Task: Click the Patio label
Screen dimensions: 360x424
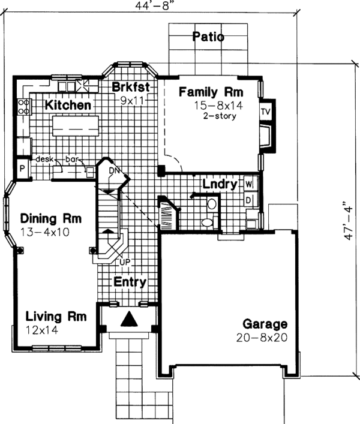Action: [x=208, y=37]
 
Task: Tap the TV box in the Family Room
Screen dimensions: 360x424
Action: [x=266, y=111]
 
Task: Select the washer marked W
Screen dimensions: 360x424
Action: [x=248, y=184]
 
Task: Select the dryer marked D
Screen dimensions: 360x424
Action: [x=248, y=200]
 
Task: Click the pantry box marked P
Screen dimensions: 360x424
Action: [x=22, y=169]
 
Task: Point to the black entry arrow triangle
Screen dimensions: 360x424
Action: [x=129, y=318]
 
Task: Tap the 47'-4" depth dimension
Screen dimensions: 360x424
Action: [x=349, y=221]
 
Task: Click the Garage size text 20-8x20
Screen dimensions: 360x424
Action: [x=262, y=338]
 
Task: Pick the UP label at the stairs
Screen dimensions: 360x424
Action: [x=125, y=261]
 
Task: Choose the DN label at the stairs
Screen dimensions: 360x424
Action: [x=114, y=171]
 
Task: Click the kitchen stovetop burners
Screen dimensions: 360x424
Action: [x=23, y=107]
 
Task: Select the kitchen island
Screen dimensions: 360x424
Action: [x=76, y=126]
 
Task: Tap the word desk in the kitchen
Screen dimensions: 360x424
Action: [x=44, y=159]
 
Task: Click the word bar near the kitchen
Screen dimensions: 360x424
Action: [x=71, y=160]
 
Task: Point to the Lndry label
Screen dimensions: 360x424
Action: [x=220, y=184]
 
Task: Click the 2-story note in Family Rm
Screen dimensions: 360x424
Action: [x=220, y=116]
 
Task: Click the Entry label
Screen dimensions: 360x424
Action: [x=130, y=282]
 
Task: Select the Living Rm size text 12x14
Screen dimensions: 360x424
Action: [x=41, y=330]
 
